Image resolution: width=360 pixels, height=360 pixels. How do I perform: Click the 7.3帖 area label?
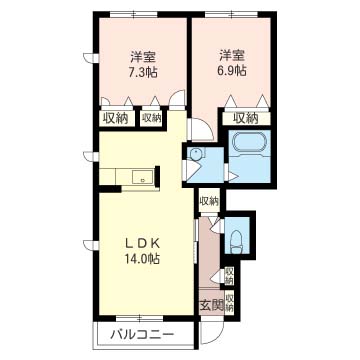143,72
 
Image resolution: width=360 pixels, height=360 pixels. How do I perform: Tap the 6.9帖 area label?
232,71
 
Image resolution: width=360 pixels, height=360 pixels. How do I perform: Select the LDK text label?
143,244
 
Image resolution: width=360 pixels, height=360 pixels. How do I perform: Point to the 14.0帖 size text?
143,258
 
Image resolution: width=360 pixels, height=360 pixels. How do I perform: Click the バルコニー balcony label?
143,334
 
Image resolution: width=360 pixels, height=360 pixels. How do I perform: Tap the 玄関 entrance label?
211,305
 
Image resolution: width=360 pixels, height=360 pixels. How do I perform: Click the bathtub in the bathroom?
250,144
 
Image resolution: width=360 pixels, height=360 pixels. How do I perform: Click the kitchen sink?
143,177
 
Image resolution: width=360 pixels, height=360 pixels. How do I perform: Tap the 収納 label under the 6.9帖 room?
246,118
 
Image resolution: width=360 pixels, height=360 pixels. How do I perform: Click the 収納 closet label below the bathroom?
209,201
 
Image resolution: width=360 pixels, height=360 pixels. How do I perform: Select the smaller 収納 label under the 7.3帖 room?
152,118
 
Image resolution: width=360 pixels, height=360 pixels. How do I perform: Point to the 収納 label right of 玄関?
229,302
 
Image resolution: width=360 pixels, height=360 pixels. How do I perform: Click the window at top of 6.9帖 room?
231,14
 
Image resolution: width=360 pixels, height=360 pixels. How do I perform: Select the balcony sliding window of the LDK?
139,318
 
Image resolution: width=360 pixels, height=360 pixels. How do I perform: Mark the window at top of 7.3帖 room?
134,14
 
